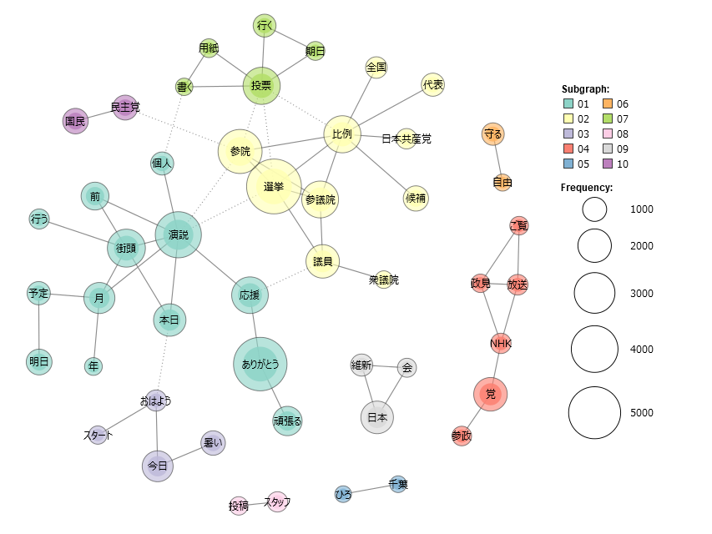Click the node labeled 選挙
tap(274, 186)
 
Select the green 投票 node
tap(261, 85)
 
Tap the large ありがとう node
tap(260, 364)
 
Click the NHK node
tap(501, 343)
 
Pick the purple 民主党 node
tap(125, 108)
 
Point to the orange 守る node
tap(492, 134)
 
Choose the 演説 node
tap(178, 234)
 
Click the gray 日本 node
tap(377, 417)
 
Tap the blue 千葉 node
tap(398, 484)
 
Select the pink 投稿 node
tap(239, 506)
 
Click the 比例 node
tap(342, 134)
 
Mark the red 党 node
tap(491, 394)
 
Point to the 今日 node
tap(158, 466)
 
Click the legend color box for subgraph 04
tap(568, 149)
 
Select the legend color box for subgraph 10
tap(608, 164)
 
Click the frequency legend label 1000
tap(642, 209)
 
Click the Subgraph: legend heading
tap(585, 89)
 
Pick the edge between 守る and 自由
tap(497, 159)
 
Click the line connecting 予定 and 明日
tap(38, 327)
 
